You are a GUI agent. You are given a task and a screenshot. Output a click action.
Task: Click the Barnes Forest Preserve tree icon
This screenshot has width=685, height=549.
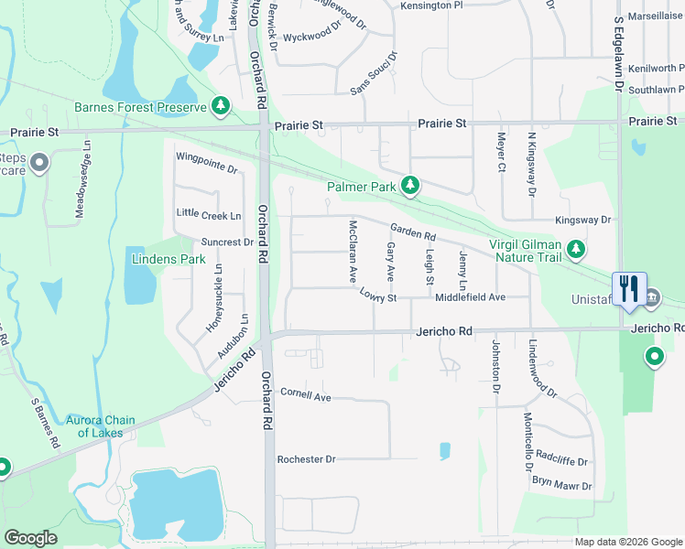click(x=221, y=107)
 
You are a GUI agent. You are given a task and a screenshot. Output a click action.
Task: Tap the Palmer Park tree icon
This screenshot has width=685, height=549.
click(x=411, y=187)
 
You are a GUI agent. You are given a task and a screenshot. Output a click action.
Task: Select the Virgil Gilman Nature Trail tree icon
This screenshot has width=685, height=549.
click(x=575, y=249)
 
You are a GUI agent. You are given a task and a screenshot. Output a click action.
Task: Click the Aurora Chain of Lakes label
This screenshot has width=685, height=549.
click(x=100, y=426)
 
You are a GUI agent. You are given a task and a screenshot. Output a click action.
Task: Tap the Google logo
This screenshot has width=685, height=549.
click(x=31, y=538)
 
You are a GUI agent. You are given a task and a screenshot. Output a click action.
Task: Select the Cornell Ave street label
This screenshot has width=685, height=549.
click(x=305, y=397)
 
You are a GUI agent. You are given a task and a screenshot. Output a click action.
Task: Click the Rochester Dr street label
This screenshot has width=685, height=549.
click(x=307, y=458)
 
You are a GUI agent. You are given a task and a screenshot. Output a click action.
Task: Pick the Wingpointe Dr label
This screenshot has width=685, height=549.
click(x=206, y=169)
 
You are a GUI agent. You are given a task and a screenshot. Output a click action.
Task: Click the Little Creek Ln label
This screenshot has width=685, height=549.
click(x=209, y=215)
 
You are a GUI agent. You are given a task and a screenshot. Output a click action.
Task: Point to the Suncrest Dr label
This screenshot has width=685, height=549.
click(x=227, y=242)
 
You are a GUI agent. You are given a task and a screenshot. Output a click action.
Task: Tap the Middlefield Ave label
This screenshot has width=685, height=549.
click(x=471, y=297)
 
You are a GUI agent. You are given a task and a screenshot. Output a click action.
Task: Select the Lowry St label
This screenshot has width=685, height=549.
click(x=377, y=296)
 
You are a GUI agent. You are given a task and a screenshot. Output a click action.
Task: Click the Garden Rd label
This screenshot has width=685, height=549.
click(x=412, y=232)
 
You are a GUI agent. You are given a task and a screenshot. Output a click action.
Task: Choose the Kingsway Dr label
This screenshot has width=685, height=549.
click(x=582, y=221)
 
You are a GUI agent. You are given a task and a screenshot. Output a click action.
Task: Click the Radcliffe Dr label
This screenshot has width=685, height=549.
click(x=561, y=462)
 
